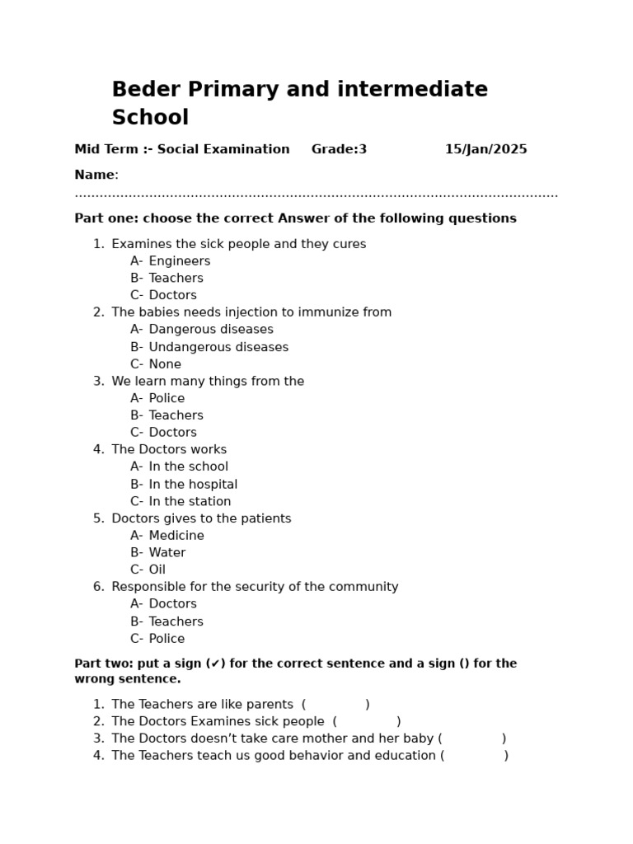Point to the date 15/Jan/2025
pyautogui.click(x=485, y=149)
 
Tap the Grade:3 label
pyautogui.click(x=339, y=149)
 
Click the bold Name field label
pyautogui.click(x=95, y=175)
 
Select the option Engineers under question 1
pyautogui.click(x=179, y=261)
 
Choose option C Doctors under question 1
pyautogui.click(x=172, y=295)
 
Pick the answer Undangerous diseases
pyautogui.click(x=218, y=347)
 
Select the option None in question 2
pyautogui.click(x=165, y=364)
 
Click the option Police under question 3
pyautogui.click(x=166, y=398)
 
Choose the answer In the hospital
pyautogui.click(x=193, y=485)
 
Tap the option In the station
pyautogui.click(x=190, y=501)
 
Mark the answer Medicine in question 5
pyautogui.click(x=176, y=536)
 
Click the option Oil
pyautogui.click(x=157, y=570)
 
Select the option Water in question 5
pyautogui.click(x=166, y=552)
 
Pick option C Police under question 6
pyautogui.click(x=166, y=639)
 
